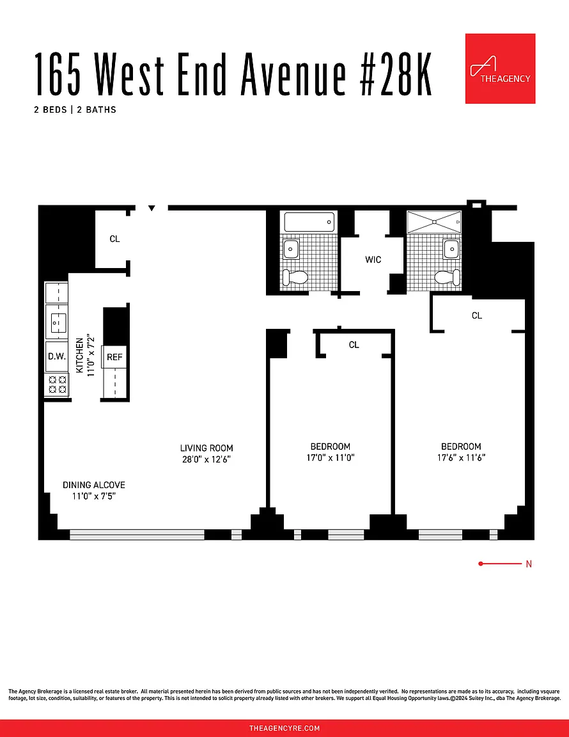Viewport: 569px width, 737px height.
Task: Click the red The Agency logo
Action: [x=501, y=68]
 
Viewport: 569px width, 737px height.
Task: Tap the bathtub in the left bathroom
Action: [x=309, y=222]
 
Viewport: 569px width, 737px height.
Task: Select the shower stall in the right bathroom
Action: [x=434, y=222]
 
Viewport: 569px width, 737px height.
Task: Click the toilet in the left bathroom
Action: [x=295, y=276]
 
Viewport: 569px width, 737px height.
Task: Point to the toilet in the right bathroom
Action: [x=448, y=276]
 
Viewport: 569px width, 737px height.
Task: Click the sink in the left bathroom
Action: [x=292, y=249]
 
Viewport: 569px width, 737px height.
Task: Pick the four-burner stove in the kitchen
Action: [x=56, y=384]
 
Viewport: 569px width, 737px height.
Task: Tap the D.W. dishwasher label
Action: [x=57, y=356]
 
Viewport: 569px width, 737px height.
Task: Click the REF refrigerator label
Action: [x=114, y=357]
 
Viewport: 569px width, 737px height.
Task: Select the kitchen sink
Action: [x=56, y=322]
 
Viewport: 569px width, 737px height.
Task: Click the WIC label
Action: [x=373, y=260]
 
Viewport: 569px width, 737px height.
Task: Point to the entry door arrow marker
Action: [x=152, y=208]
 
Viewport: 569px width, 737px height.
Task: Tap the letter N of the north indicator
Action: [x=529, y=564]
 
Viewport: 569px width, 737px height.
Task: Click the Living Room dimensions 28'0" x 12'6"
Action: [x=207, y=459]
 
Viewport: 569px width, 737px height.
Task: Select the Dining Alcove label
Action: [x=94, y=485]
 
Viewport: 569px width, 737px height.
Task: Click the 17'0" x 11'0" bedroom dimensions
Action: [x=331, y=457]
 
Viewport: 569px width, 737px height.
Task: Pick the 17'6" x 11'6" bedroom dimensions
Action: [x=461, y=457]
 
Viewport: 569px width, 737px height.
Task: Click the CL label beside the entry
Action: [x=114, y=239]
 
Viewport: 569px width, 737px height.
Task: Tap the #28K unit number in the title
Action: [x=396, y=75]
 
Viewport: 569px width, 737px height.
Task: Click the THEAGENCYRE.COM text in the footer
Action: [x=284, y=728]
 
